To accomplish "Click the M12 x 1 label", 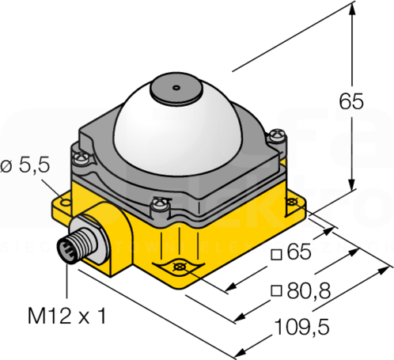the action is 67,316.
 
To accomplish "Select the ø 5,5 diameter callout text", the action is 25,166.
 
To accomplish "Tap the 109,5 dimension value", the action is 302,327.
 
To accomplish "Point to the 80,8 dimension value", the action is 309,290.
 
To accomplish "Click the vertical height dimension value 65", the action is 351,101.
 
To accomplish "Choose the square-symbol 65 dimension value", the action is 299,252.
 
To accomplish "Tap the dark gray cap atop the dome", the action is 176,88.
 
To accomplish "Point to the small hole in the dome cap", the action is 176,88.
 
